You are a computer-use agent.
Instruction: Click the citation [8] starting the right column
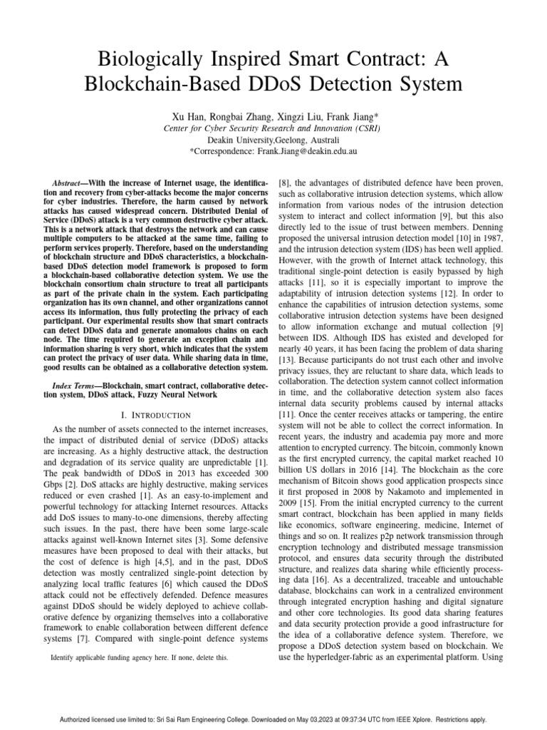coord(283,183)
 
